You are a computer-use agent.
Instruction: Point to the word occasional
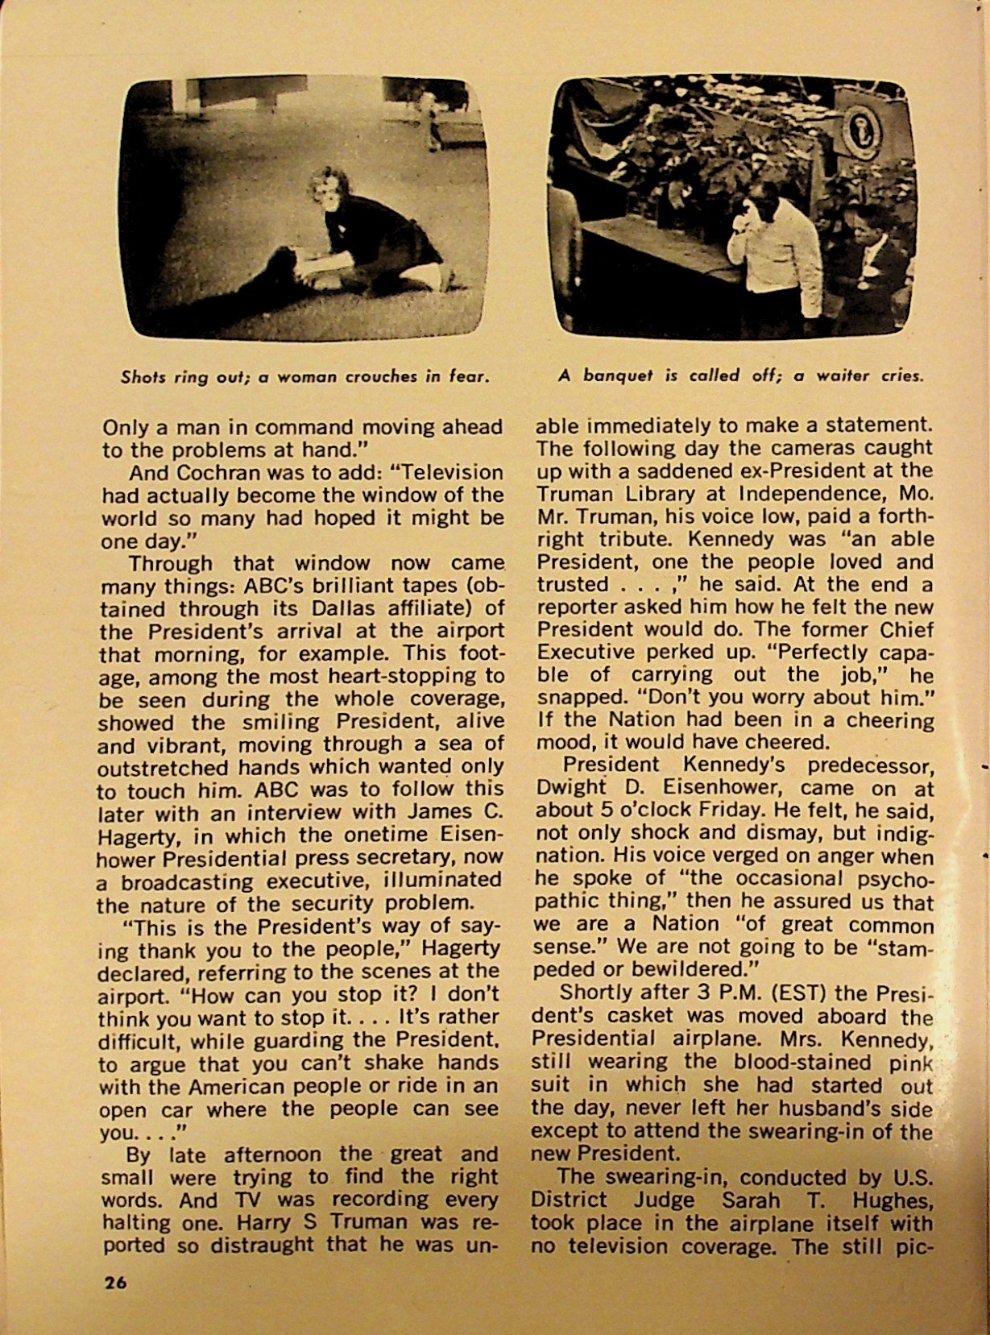click(x=776, y=879)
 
